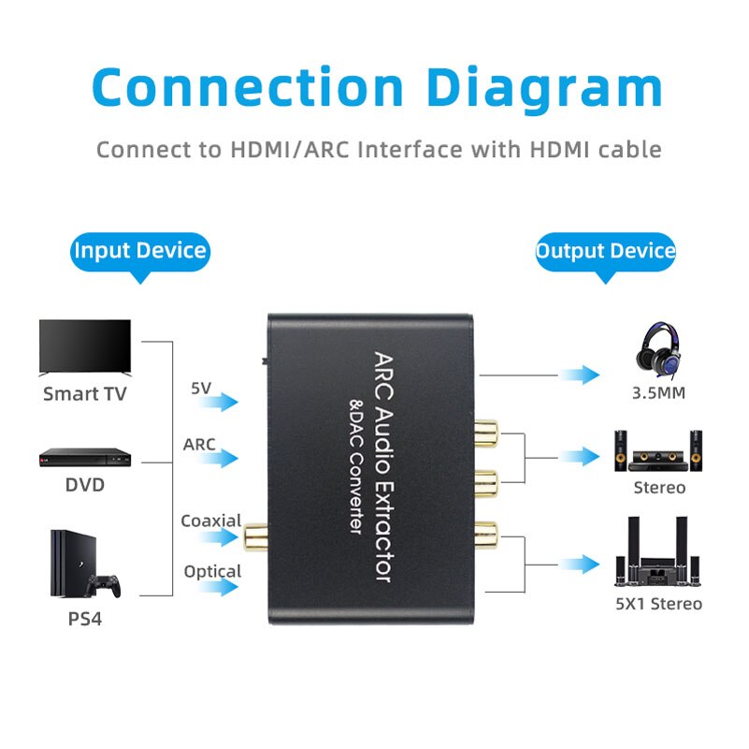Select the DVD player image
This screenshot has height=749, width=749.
click(x=84, y=457)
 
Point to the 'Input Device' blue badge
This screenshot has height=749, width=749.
click(x=140, y=251)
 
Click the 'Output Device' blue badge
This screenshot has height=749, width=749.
click(x=605, y=251)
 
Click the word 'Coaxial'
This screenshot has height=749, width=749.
click(x=211, y=521)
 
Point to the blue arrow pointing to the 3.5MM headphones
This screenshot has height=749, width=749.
click(x=580, y=374)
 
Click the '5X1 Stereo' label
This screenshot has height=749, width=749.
click(x=658, y=604)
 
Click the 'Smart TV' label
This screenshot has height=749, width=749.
click(x=84, y=394)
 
